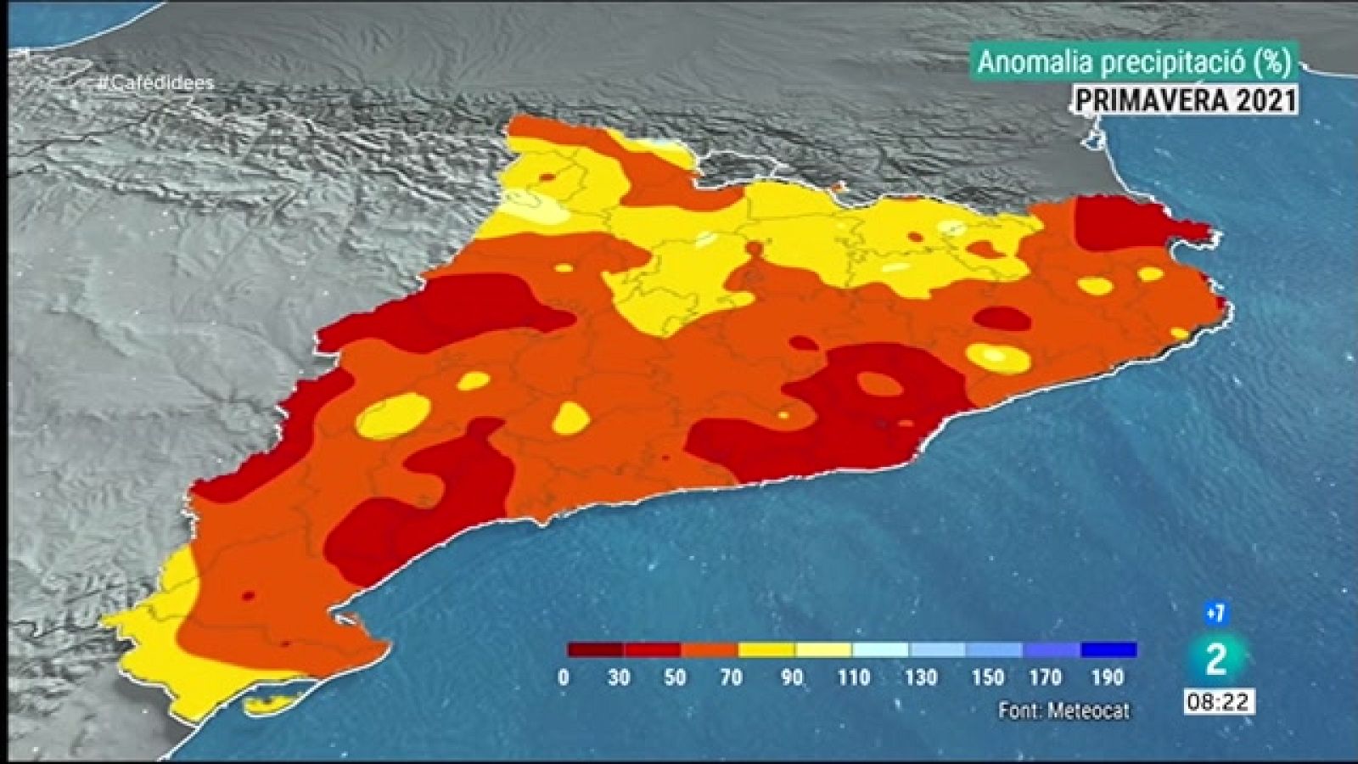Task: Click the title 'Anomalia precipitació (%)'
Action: pyautogui.click(x=1134, y=62)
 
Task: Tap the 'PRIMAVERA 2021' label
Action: pyautogui.click(x=1186, y=100)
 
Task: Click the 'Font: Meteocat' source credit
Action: pyautogui.click(x=1064, y=711)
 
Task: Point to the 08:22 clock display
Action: pyautogui.click(x=1218, y=702)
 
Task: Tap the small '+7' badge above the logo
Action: pyautogui.click(x=1215, y=613)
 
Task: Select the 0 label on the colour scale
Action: pyautogui.click(x=564, y=677)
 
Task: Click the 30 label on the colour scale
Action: pyautogui.click(x=619, y=677)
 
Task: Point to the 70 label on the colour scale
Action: pyautogui.click(x=731, y=677)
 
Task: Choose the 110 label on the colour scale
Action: pyautogui.click(x=853, y=677)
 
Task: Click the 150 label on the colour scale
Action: pyautogui.click(x=987, y=677)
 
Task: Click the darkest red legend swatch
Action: pyautogui.click(x=596, y=650)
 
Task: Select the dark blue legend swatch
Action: pyautogui.click(x=1108, y=650)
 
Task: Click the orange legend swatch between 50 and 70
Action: pyautogui.click(x=710, y=650)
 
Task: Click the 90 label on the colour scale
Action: pyautogui.click(x=792, y=677)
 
